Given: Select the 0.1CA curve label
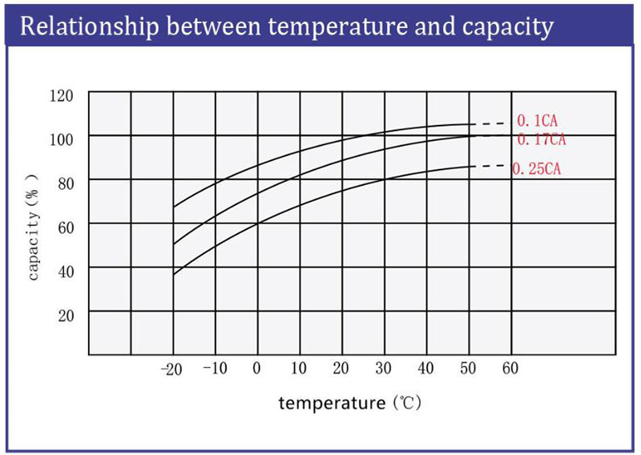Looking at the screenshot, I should [536, 121].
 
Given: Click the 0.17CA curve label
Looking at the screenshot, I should [542, 140].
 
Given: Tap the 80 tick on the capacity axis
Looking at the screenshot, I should [65, 183].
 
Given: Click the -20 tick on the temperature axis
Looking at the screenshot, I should [171, 368].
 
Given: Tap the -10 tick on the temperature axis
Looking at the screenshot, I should [214, 368].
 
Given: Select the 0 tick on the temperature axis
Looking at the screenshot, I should [257, 368].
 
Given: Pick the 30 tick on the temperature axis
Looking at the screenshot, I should [384, 368].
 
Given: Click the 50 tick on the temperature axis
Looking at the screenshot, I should [468, 368].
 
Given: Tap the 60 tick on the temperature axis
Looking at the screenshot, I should [510, 368].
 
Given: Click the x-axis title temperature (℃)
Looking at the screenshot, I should [349, 403].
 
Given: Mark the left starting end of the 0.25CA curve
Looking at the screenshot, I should [174, 275].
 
